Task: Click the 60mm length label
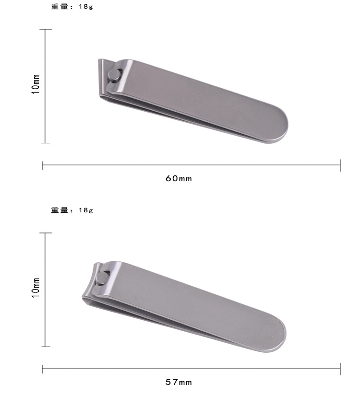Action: click(179, 178)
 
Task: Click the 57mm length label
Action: click(179, 382)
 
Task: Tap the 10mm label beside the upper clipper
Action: click(36, 84)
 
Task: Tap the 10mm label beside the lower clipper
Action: click(36, 288)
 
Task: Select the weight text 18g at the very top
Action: click(86, 7)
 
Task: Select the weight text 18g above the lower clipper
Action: click(86, 210)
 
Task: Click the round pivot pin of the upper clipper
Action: click(114, 75)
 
